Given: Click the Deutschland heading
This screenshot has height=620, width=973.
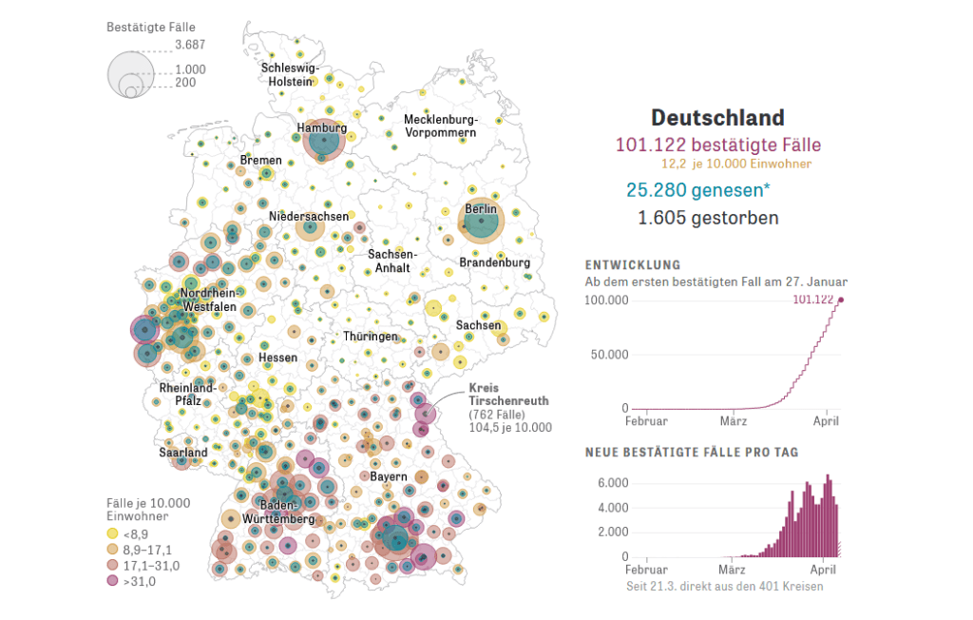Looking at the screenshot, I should coord(717,118).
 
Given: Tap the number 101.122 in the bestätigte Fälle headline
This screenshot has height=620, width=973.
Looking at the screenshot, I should coord(650,145).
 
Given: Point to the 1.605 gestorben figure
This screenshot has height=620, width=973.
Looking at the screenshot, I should coord(708,218).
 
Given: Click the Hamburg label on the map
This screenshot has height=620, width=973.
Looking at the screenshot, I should coord(322,127).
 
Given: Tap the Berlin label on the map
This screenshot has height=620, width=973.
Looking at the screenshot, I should coord(481,209).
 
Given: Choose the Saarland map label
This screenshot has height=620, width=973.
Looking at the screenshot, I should coord(183,453).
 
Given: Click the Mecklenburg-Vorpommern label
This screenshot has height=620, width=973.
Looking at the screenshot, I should coord(440,126).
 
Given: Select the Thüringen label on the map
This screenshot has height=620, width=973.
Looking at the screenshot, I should coord(371,337).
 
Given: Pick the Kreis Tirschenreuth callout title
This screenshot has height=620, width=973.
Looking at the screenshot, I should coord(508,395).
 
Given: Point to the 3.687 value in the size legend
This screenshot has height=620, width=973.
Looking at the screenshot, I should coord(190,44).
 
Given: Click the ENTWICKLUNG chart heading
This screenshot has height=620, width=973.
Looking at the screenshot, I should coord(633,265).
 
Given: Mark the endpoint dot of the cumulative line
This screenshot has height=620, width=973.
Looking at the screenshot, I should coord(840,300).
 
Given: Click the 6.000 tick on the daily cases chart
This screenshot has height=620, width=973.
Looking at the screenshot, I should coord(613,483).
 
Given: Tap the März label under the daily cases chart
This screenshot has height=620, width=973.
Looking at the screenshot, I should coord(732,571).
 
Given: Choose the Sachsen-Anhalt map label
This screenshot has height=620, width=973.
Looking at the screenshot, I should coord(391,262).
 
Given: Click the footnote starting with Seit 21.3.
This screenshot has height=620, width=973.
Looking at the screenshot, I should coord(724,586).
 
